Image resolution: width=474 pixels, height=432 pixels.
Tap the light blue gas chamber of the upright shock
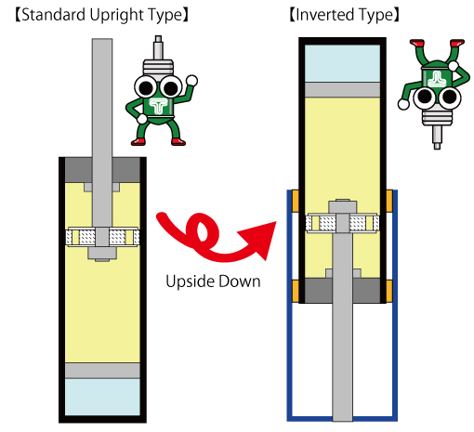tap(102, 397)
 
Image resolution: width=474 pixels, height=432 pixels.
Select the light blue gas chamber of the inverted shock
tap(342, 63)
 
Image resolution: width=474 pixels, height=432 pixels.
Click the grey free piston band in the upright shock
tap(102, 371)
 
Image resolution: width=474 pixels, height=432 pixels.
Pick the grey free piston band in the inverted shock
tap(342, 90)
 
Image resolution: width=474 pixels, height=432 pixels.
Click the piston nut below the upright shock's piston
tap(102, 253)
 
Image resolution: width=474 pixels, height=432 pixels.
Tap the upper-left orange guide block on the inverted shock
tap(296, 201)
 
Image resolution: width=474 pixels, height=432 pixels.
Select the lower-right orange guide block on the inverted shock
tap(389, 291)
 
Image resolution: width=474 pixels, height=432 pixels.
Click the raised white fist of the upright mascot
tap(191, 81)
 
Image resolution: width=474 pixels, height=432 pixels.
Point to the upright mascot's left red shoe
tap(138, 142)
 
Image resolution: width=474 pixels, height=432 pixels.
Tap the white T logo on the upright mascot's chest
tap(158, 106)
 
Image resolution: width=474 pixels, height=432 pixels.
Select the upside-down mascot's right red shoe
tap(457, 43)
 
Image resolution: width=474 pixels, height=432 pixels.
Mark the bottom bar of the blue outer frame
tap(342, 418)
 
